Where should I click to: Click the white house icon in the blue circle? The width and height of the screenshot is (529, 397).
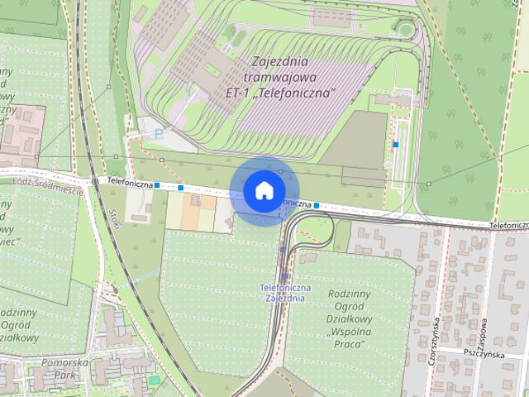(263, 190)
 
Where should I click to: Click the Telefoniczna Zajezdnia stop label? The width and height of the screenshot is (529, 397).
(284, 292)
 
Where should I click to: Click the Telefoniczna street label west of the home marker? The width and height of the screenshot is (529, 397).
(129, 183)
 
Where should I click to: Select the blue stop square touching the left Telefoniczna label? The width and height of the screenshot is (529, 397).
(156, 185)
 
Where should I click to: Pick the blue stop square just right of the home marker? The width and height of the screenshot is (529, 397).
(317, 203)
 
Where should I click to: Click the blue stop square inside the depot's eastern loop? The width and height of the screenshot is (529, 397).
(396, 145)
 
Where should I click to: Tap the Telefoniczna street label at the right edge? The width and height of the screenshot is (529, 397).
(508, 223)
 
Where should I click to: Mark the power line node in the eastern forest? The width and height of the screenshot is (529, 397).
(429, 183)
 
